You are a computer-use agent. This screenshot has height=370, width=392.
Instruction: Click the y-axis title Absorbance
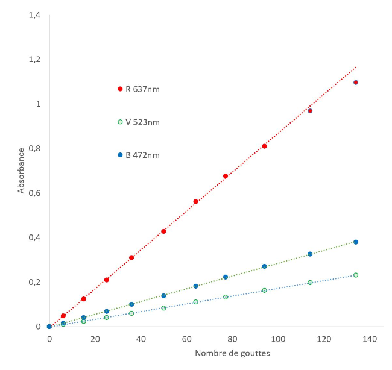coord(21,172)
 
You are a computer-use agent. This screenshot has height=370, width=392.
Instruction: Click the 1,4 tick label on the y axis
coord(34,15)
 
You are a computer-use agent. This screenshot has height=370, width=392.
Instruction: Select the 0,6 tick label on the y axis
coord(34,193)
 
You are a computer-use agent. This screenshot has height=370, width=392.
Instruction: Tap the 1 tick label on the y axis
coord(38,104)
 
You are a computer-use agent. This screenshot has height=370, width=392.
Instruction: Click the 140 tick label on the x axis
coord(370,339)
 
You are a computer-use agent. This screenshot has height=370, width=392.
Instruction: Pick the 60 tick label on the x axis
coord(187,339)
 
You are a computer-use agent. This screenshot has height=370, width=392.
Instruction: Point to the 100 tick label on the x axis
coord(278,339)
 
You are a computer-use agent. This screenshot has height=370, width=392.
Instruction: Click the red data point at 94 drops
coord(264,146)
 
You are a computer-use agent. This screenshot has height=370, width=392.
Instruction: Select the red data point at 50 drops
coord(163,231)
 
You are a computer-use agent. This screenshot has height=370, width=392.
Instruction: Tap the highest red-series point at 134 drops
coord(356,83)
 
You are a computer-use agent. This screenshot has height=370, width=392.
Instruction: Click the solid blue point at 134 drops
coord(356,242)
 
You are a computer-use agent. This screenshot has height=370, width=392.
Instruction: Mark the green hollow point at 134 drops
coord(356,275)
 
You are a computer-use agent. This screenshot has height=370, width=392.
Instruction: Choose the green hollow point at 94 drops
coord(264,290)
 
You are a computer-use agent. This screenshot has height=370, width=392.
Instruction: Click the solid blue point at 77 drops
coord(226,277)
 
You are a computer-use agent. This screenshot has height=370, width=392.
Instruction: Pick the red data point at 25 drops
coord(107,280)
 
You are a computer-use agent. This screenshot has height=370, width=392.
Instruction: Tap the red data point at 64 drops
coord(195,201)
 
